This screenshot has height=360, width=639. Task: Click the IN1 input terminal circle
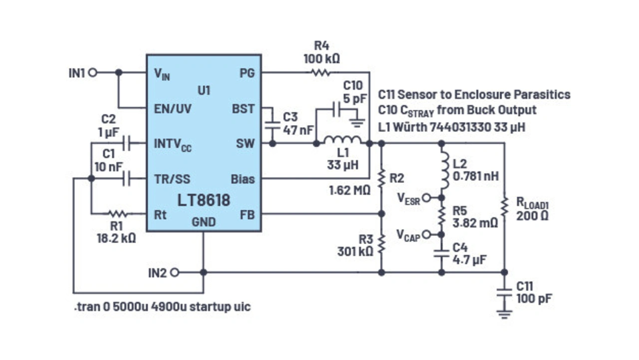tap(92, 72)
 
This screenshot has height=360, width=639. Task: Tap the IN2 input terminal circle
tap(174, 273)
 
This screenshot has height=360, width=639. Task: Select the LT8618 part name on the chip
tap(204, 200)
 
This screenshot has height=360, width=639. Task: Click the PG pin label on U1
tap(247, 73)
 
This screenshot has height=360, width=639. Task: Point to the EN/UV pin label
tap(173, 108)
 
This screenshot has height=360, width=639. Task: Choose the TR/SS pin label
tap(172, 179)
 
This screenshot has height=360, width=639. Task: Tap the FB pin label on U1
tap(247, 215)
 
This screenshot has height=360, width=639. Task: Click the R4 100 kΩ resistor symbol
tap(320, 72)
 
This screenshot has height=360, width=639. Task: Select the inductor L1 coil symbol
tap(342, 141)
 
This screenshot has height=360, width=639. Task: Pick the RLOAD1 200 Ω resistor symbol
tap(504, 207)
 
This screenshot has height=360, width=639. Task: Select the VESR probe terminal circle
tap(425, 198)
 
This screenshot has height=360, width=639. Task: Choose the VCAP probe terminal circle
tap(425, 234)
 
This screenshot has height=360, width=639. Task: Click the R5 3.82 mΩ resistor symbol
tap(442, 216)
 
